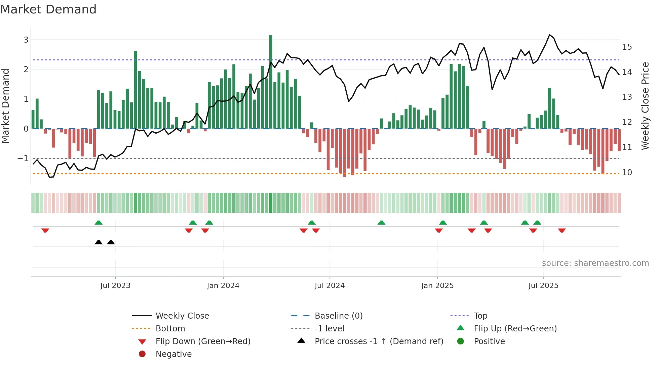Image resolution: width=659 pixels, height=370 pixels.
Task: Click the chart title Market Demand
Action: point(48,9)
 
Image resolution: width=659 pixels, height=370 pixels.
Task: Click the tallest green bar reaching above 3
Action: point(271,81)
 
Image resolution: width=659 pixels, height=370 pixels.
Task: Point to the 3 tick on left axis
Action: point(26,40)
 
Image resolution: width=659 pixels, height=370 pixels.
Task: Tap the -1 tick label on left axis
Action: point(23,158)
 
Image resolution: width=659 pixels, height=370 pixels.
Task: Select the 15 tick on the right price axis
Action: point(627,47)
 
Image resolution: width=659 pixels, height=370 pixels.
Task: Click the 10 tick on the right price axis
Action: point(627,172)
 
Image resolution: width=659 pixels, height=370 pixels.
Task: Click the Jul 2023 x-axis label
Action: point(115,286)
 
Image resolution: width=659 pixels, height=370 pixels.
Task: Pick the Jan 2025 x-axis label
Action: point(437,286)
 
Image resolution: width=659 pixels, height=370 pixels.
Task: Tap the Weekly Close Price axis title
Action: point(645,106)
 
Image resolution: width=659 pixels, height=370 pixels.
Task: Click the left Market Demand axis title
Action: point(6,106)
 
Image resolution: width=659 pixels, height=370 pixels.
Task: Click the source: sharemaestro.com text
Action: point(595,263)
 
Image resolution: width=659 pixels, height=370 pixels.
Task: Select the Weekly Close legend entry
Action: point(182,316)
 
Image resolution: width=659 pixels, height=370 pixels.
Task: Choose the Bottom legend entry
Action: point(170,329)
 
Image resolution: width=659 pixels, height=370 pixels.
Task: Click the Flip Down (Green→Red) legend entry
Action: point(203,341)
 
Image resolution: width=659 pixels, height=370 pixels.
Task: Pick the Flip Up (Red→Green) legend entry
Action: point(515,329)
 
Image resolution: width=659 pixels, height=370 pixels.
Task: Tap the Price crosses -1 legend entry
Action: point(379,341)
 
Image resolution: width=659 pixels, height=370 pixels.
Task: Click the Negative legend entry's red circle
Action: point(142,354)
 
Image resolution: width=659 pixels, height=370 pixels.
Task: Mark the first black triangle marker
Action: point(99,242)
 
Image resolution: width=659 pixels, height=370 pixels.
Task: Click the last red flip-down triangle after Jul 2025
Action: point(561,230)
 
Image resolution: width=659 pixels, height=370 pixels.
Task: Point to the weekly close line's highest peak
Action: point(549,35)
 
